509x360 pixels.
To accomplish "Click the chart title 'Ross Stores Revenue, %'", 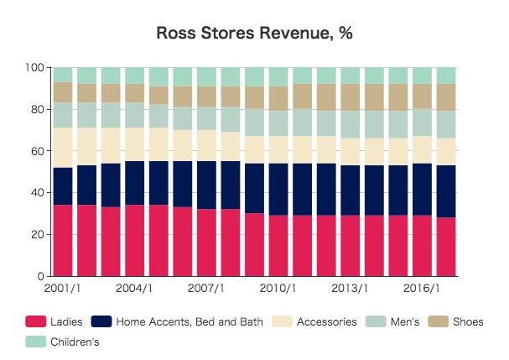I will [254, 34].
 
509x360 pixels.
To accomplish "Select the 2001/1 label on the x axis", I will [63, 289].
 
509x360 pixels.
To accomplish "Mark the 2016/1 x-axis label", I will [423, 289].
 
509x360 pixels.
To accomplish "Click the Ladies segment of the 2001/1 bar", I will [63, 240].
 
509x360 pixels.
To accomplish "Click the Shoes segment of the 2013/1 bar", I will [351, 97].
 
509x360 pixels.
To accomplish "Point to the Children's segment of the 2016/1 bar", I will [423, 76].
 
